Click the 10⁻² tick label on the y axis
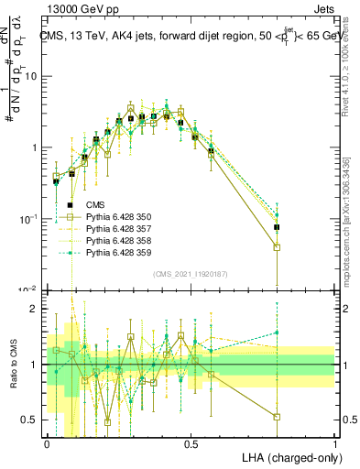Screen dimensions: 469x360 point(30,289)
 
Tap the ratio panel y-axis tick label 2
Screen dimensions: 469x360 point(37,309)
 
